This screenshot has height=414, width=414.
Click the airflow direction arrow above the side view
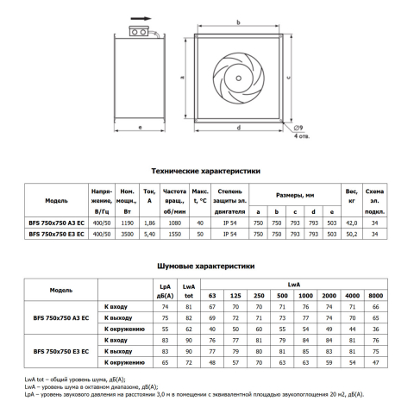(x=141, y=19)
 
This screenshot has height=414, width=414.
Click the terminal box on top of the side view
(x=139, y=32)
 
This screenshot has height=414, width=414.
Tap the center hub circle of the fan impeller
(x=238, y=78)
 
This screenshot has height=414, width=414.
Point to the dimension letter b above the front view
(x=238, y=22)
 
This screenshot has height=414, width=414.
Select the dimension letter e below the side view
(x=140, y=127)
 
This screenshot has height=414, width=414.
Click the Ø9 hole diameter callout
(x=298, y=128)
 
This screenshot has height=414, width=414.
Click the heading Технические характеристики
(x=206, y=171)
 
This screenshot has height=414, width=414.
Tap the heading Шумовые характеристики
(x=206, y=267)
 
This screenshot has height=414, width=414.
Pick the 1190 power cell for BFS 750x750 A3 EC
(x=127, y=223)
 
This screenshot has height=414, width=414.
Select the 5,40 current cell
(x=149, y=235)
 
